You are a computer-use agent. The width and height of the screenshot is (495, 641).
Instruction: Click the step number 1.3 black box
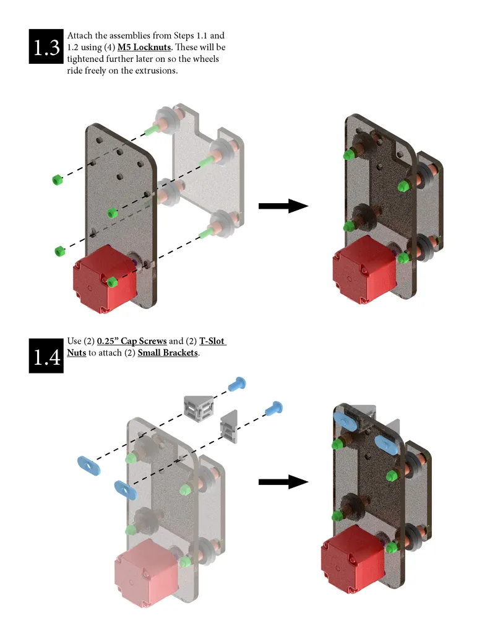[46, 46]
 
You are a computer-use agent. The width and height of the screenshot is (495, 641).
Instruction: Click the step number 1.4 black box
[46, 355]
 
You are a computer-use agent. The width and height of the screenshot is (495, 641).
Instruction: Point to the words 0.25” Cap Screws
[132, 341]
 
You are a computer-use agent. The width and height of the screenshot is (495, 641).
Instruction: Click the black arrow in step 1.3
[283, 206]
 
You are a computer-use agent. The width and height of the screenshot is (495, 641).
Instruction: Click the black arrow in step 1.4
[283, 482]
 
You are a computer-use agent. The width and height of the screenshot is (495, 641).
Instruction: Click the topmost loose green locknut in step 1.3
[57, 180]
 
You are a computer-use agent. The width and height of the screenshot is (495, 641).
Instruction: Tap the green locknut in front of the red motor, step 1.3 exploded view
[112, 282]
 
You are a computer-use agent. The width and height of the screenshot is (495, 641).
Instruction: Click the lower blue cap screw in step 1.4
[273, 408]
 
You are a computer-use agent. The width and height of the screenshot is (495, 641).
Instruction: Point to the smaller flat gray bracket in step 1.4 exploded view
[230, 427]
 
